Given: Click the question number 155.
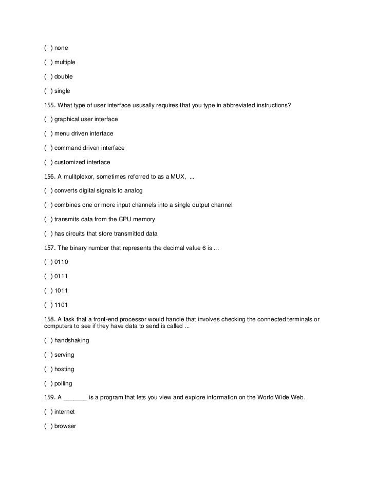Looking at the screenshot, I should tap(50, 105).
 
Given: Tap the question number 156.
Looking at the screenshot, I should tap(50, 177).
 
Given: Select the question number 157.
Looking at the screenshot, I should tap(50, 248).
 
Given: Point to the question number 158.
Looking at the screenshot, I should tap(50, 319).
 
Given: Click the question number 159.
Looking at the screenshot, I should tap(50, 397).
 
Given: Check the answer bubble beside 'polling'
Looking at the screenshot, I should tap(48, 383).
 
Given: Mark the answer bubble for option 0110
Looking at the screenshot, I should tap(48, 262).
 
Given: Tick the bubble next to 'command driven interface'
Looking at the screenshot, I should tap(48, 148).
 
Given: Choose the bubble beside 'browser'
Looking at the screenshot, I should tap(48, 426).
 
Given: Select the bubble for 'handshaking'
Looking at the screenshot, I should tap(48, 340).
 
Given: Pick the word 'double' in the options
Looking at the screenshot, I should tap(64, 76).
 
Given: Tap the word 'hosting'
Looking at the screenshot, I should tap(64, 369).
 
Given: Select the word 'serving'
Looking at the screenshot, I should tap(64, 355).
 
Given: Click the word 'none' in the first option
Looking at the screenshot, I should tap(61, 48).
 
